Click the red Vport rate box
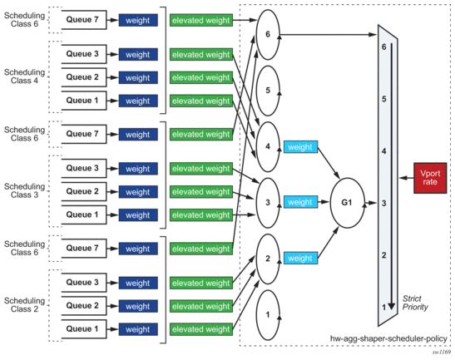coord(430,178)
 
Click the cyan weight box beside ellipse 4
coord(300,147)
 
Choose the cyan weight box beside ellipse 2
coord(300,258)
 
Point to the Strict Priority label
coord(415,303)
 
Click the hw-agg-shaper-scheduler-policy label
coord(388,338)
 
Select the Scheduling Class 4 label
coord(24,76)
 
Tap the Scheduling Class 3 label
coord(24,190)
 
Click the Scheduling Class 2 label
coord(24,305)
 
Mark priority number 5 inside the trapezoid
coord(384,99)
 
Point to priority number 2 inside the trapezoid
coord(384,255)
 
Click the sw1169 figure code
coord(442,353)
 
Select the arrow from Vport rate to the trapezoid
coord(406,178)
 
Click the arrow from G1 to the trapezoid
coord(371,203)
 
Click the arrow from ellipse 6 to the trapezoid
coord(329,35)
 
